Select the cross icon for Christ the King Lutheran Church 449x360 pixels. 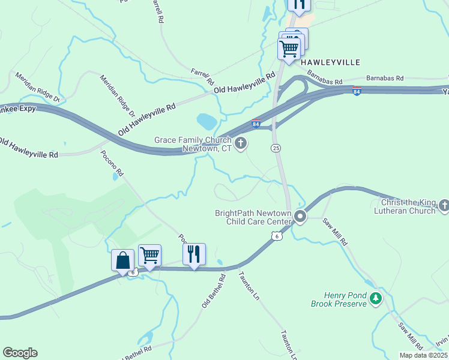444,206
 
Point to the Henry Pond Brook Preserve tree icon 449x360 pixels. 375,298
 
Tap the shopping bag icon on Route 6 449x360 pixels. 122,260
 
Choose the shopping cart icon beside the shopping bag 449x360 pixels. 149,255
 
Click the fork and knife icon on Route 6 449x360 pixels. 194,254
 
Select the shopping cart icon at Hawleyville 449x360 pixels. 289,48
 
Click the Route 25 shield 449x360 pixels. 276,148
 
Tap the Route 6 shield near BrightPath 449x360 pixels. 277,236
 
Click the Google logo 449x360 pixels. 20,353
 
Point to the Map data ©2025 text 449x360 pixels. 424,355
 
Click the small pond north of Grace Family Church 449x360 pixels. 206,121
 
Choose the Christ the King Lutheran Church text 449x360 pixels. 405,207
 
